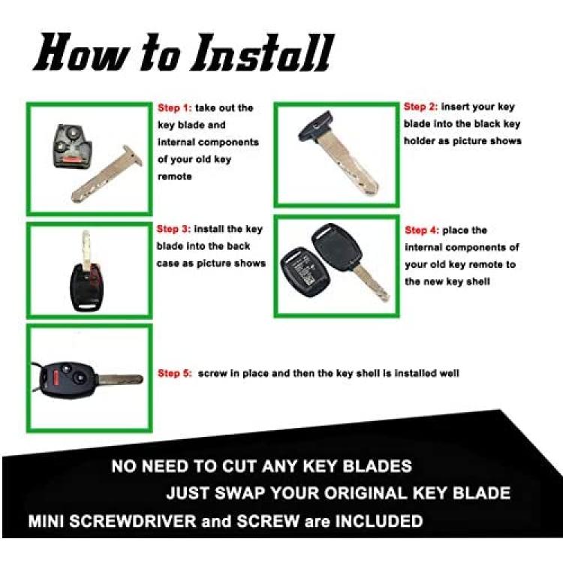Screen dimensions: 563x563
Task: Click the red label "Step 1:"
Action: pyautogui.click(x=175, y=108)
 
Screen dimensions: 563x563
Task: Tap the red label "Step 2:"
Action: pyautogui.click(x=421, y=107)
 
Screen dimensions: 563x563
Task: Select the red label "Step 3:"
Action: pyautogui.click(x=174, y=229)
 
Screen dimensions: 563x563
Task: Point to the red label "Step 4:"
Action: pyautogui.click(x=422, y=230)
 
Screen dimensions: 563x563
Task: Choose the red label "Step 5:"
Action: pyautogui.click(x=175, y=373)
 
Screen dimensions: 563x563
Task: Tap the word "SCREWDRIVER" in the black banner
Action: pyautogui.click(x=132, y=521)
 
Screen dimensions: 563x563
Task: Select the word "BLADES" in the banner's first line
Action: pyautogui.click(x=377, y=466)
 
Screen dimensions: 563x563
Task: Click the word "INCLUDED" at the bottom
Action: pyautogui.click(x=379, y=521)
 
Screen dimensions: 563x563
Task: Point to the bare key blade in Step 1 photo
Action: pyautogui.click(x=107, y=174)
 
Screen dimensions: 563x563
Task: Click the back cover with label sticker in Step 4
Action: pyautogui.click(x=306, y=271)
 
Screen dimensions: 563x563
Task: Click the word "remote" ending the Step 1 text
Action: pyautogui.click(x=175, y=176)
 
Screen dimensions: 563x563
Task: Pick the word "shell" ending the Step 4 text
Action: pyautogui.click(x=478, y=281)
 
